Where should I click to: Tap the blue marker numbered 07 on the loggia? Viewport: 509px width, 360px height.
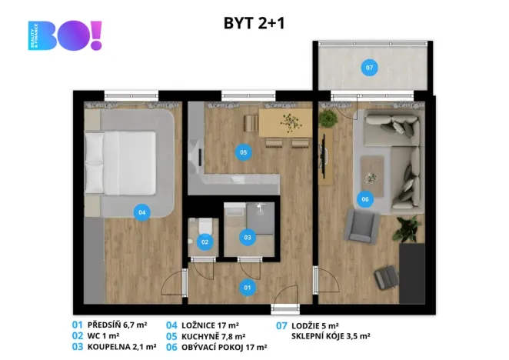click(x=369, y=68)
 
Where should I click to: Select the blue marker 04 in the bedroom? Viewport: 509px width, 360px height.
click(x=141, y=212)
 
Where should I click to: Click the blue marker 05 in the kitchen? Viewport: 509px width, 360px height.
click(x=243, y=152)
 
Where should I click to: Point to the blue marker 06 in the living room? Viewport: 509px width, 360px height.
click(x=364, y=199)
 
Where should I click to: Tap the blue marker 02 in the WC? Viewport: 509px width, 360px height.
click(x=205, y=242)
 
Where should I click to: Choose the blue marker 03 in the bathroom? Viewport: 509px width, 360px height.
click(x=248, y=238)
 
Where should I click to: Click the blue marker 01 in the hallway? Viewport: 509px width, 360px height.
click(x=248, y=288)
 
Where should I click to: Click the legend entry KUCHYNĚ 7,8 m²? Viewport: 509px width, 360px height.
click(x=213, y=336)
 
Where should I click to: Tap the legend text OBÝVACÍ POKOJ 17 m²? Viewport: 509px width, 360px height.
click(x=224, y=348)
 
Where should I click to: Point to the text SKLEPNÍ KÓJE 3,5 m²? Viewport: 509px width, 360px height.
click(x=332, y=336)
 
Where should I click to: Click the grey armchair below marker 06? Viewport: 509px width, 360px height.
click(x=360, y=225)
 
